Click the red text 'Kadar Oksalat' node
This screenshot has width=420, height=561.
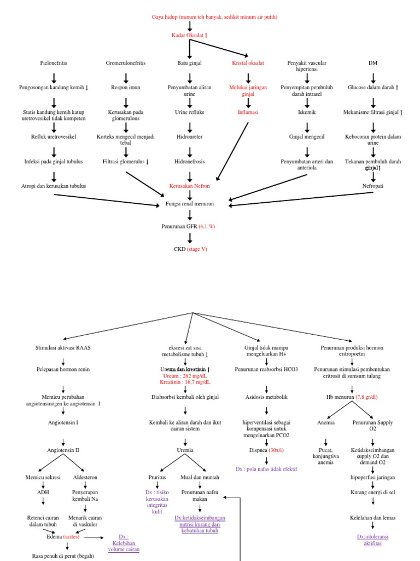click(x=189, y=36)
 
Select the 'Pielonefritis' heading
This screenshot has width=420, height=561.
click(x=54, y=63)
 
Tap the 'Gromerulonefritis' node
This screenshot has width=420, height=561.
click(x=126, y=63)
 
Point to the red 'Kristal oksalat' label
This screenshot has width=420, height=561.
click(x=248, y=63)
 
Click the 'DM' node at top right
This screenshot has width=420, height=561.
click(x=373, y=63)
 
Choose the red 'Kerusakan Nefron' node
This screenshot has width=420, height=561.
click(x=189, y=186)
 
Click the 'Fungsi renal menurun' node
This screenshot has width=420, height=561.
click(x=189, y=203)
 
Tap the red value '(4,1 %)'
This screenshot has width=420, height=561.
click(x=207, y=225)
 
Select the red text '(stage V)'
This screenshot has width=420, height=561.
click(x=198, y=249)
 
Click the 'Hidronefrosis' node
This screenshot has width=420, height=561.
click(x=189, y=162)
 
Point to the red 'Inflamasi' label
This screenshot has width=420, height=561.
click(x=248, y=112)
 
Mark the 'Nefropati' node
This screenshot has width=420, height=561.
click(x=373, y=186)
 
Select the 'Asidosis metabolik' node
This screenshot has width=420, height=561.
click(x=266, y=397)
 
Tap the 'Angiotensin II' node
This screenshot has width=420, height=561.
click(x=63, y=449)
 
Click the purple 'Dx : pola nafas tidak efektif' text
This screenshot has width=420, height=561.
click(x=267, y=470)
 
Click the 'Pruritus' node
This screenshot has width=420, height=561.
click(x=157, y=477)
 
